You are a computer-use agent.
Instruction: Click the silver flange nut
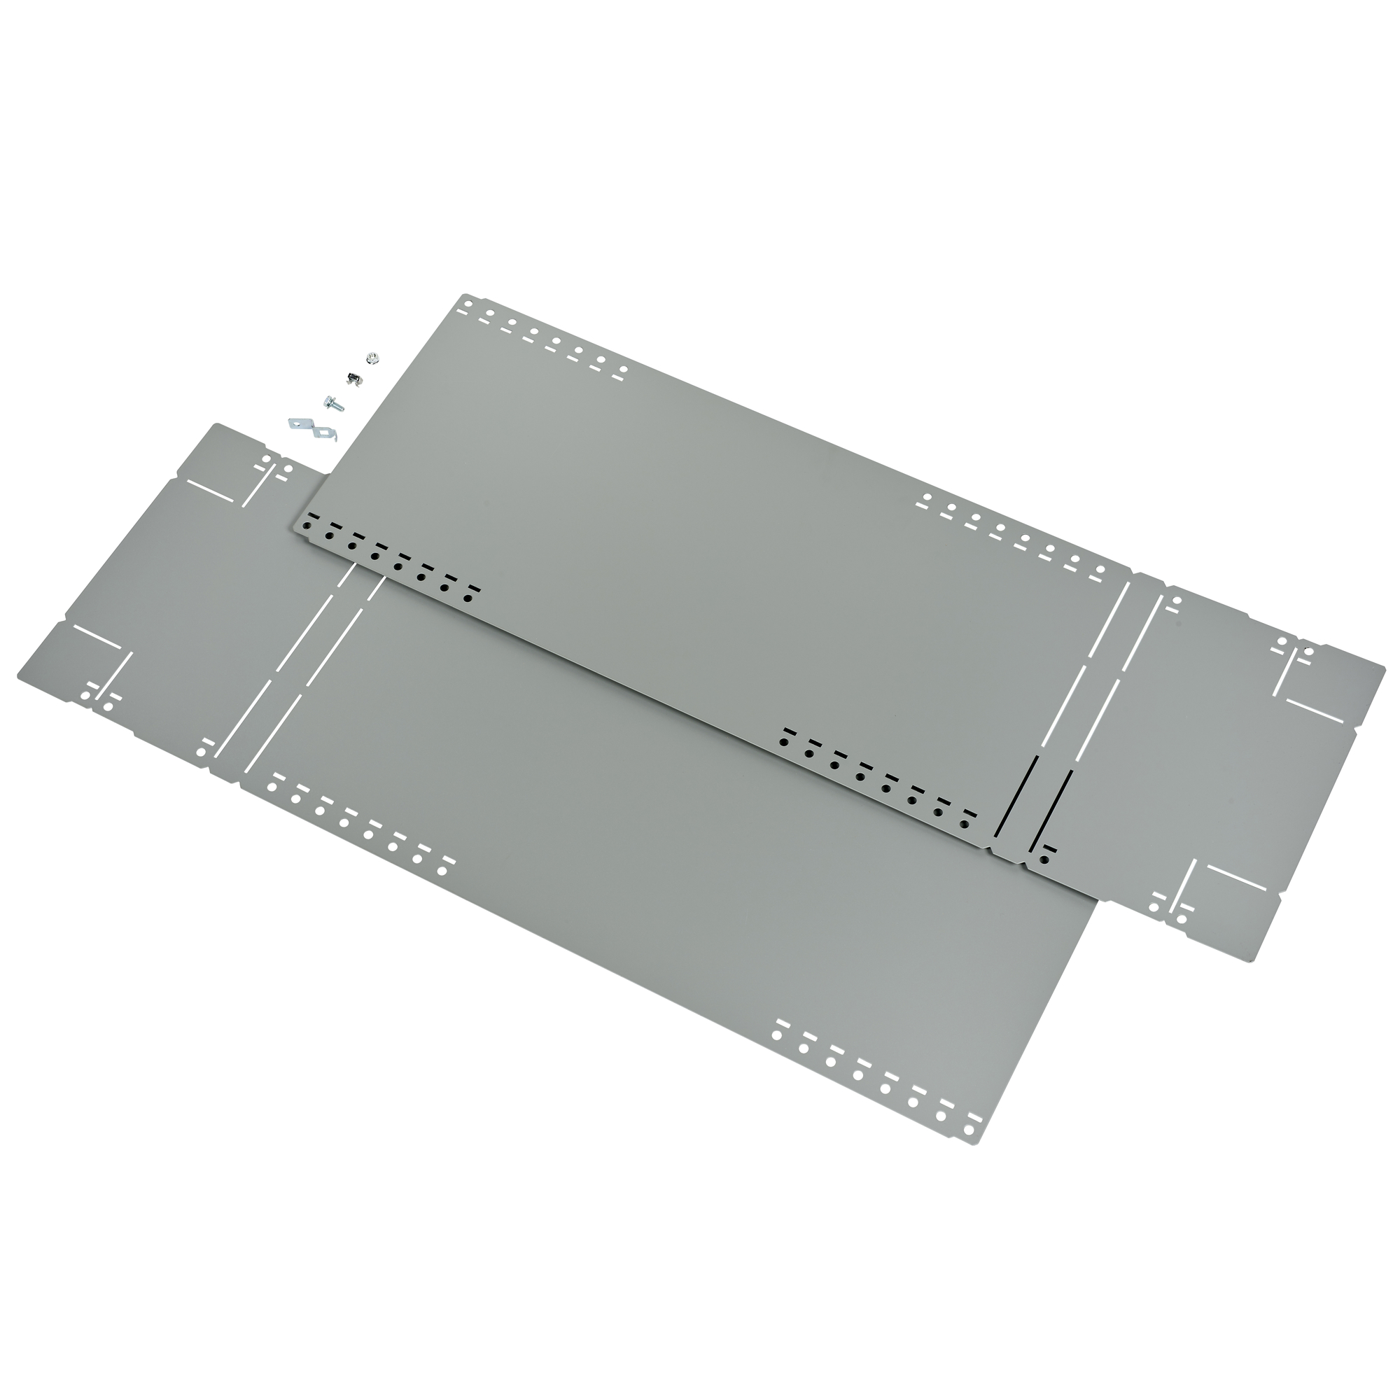coord(373,358)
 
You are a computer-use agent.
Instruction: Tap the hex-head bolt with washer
coord(332,404)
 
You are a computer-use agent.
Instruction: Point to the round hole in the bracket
coord(296,425)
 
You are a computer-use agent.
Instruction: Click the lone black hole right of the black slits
coord(1044,860)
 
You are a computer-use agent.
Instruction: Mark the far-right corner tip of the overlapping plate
coord(1383,663)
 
